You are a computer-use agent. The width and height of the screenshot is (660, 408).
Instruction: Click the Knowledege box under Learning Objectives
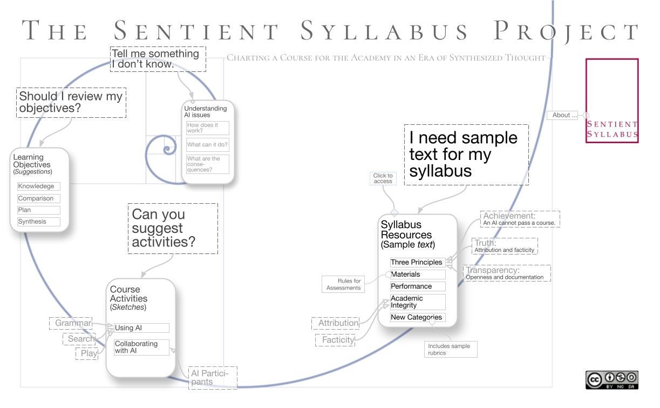tap(38, 186)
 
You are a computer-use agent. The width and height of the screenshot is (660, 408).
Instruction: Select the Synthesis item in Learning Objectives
tap(38, 222)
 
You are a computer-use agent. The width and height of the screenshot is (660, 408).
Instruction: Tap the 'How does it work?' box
tap(207, 128)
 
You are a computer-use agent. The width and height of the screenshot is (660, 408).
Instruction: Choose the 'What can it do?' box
tap(207, 145)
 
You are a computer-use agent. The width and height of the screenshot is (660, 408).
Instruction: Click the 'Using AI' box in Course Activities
tap(141, 328)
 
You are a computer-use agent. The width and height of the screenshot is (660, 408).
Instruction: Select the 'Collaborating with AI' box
tap(141, 347)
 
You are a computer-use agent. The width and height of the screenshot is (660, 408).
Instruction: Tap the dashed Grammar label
tap(71, 323)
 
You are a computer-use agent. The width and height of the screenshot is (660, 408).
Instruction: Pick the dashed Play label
tap(87, 353)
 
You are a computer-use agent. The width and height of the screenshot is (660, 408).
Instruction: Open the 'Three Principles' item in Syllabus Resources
tap(418, 263)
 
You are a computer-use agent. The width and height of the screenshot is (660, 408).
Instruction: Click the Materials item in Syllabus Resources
tap(418, 275)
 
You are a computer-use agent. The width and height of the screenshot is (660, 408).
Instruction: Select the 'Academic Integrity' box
tap(418, 302)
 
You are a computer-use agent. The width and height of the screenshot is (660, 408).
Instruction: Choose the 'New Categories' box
tap(418, 318)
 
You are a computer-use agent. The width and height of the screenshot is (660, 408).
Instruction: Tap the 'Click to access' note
tap(383, 178)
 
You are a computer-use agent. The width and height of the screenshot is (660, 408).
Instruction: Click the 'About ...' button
tap(562, 115)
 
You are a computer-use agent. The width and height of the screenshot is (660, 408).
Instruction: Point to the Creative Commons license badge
tap(612, 379)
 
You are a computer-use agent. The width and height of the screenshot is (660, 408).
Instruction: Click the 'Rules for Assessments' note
tap(343, 284)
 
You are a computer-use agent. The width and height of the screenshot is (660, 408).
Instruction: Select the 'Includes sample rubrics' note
tap(451, 349)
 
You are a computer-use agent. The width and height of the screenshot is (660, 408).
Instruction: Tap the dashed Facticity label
tap(335, 340)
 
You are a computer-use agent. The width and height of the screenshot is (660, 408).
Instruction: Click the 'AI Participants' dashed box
tap(212, 377)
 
